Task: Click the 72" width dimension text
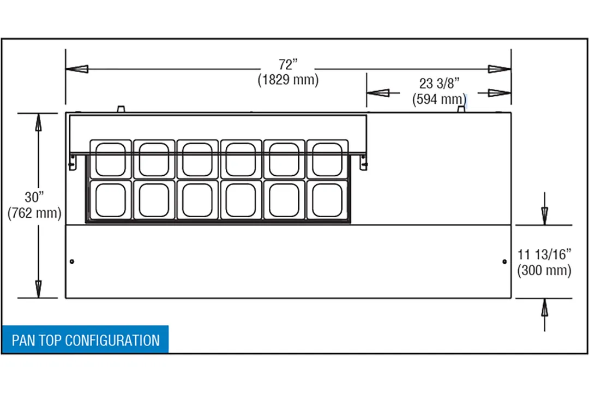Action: pyautogui.click(x=288, y=65)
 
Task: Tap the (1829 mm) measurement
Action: pyautogui.click(x=288, y=80)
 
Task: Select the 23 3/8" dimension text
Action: pyautogui.click(x=439, y=83)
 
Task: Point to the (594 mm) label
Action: pyautogui.click(x=439, y=99)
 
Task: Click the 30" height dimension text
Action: pyautogui.click(x=34, y=196)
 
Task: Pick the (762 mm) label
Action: pyautogui.click(x=34, y=213)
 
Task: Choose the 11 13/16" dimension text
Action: pyautogui.click(x=544, y=254)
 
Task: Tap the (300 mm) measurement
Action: pyautogui.click(x=544, y=270)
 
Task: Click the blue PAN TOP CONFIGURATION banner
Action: pyautogui.click(x=85, y=340)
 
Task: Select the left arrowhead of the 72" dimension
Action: pyautogui.click(x=77, y=69)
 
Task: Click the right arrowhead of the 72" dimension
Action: pyautogui.click(x=500, y=69)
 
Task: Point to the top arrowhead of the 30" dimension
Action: pyautogui.click(x=38, y=122)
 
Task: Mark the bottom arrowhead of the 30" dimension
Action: pyautogui.click(x=38, y=289)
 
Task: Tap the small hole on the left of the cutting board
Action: pyautogui.click(x=72, y=261)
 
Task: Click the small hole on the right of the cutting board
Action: pyautogui.click(x=504, y=261)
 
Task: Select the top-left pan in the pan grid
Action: pyautogui.click(x=111, y=159)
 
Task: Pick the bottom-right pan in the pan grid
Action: pyautogui.click(x=328, y=200)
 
